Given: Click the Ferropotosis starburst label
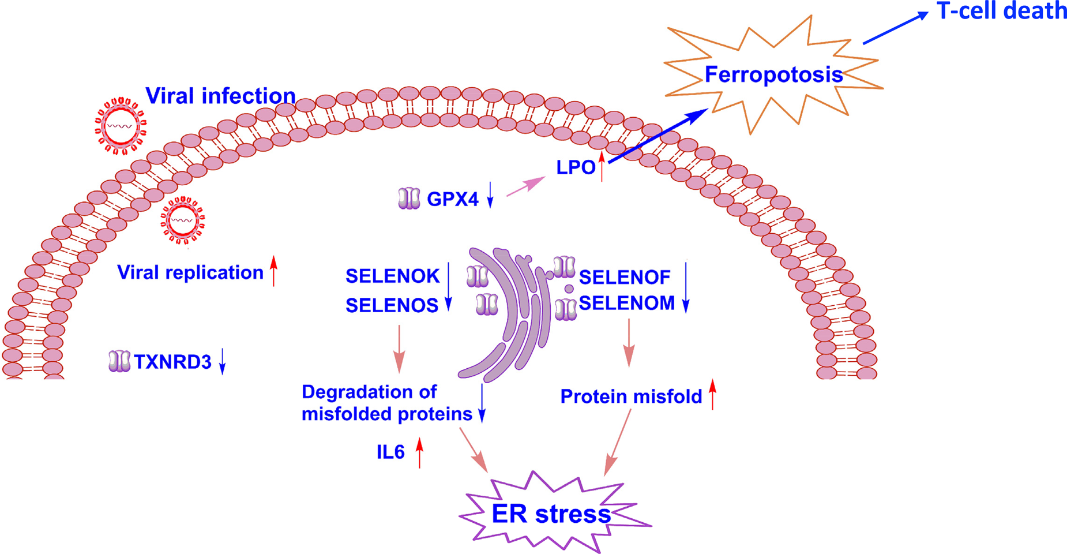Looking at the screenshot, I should (x=773, y=75).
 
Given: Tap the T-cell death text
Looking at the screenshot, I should (x=1001, y=12).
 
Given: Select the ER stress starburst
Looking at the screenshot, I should (x=551, y=514).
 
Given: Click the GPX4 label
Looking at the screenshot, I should (x=452, y=200).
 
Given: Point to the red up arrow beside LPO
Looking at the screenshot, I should (x=602, y=167).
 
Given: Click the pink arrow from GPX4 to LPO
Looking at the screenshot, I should (x=525, y=187).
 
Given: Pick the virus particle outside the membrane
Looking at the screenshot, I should (x=121, y=126).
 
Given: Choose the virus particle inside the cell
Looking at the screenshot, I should (x=182, y=220).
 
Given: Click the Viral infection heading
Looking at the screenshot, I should (x=220, y=96).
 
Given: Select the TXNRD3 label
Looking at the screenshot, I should (x=172, y=362).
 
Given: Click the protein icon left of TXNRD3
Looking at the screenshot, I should (x=119, y=361).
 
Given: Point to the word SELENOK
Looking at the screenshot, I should (x=392, y=276).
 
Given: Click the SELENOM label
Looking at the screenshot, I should (x=626, y=303).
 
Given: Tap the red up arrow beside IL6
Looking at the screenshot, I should (x=419, y=452).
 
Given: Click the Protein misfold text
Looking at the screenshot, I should (x=631, y=397).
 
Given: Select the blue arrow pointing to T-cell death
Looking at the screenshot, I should (x=895, y=28).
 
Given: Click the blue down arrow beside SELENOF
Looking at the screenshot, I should (x=686, y=287).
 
